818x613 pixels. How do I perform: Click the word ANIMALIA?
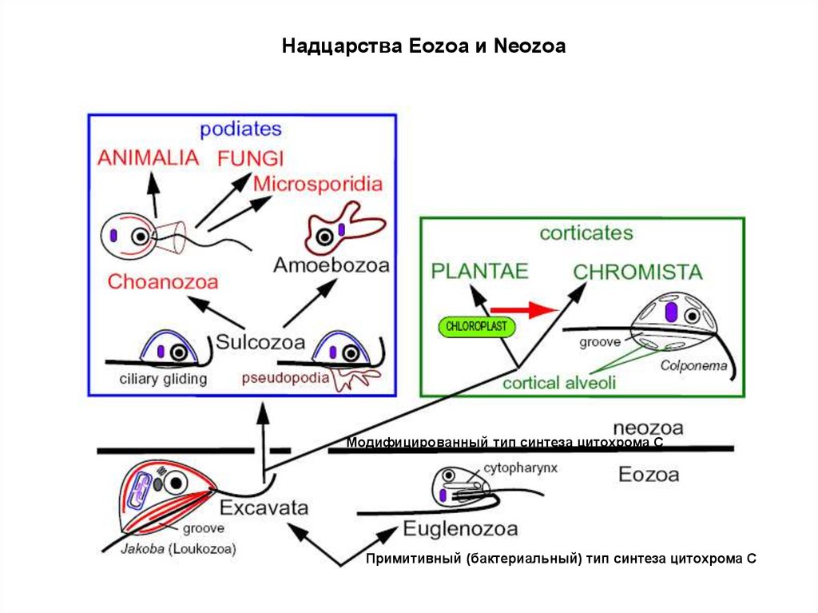148,157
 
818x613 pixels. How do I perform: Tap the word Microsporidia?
317,184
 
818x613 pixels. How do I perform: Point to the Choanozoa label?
163,281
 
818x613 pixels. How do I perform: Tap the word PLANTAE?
479,272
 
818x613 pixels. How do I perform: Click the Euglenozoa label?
460,528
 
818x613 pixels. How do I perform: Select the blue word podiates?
241,128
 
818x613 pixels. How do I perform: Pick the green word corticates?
586,233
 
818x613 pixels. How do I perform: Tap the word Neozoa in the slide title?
530,47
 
